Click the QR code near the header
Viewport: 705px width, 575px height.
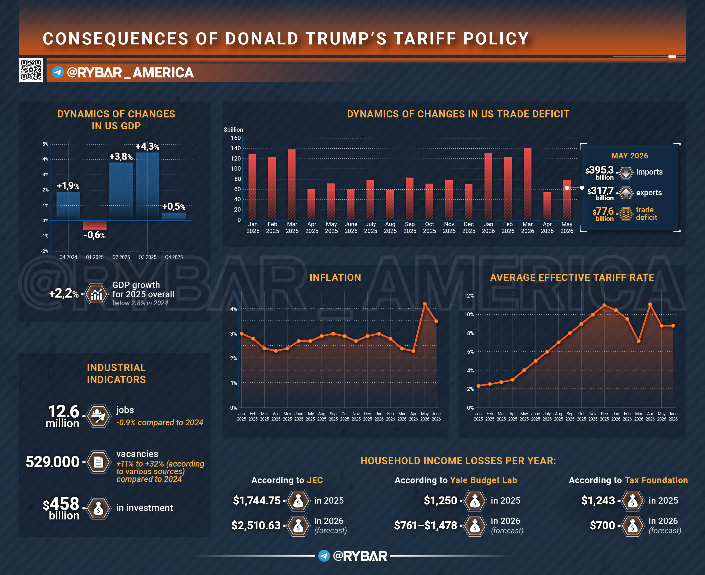coord(31,70)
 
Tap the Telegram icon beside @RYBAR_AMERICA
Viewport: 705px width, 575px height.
coord(58,72)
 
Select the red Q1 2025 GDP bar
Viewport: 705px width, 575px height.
coord(95,225)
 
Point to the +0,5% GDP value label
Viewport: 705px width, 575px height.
coord(174,207)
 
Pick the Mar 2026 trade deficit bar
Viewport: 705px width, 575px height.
coord(528,184)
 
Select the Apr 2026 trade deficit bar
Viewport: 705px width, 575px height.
coord(547,206)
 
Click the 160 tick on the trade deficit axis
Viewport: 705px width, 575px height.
coord(236,138)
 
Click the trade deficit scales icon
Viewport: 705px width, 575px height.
coord(625,214)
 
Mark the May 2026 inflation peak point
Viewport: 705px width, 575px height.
coord(425,304)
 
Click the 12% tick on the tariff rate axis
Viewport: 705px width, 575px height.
coord(469,296)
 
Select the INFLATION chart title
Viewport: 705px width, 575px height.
coord(335,277)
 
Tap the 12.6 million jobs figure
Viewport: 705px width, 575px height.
coord(63,416)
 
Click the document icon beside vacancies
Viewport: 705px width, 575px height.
coord(98,462)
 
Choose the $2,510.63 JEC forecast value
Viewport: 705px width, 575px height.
coord(256,525)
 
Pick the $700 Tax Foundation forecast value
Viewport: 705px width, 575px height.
coord(602,525)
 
